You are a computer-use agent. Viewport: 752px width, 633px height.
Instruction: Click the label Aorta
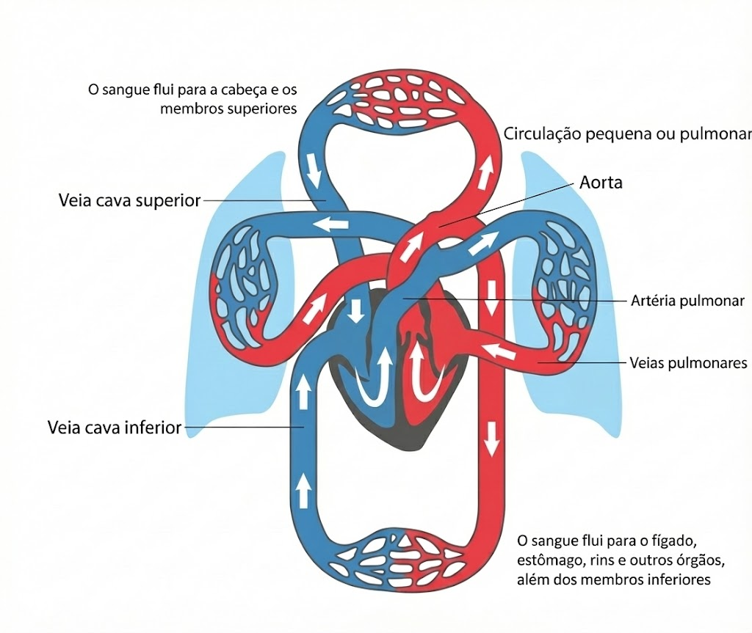point(601,183)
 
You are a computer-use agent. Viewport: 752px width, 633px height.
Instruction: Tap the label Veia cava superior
point(129,200)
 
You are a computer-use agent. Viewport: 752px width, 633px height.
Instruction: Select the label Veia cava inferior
point(115,428)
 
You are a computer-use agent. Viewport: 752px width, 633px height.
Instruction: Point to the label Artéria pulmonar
point(687,301)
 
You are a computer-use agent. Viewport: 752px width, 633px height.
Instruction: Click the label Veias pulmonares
point(688,363)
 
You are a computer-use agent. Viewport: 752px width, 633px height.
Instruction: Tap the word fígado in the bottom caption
point(674,541)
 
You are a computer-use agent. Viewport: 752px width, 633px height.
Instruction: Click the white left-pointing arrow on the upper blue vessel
point(331,223)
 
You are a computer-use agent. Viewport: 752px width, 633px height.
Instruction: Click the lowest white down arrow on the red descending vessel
point(491,439)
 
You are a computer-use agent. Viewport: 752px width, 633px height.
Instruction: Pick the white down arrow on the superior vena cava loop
point(314,172)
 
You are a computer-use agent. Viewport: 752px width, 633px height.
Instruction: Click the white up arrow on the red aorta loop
point(485,173)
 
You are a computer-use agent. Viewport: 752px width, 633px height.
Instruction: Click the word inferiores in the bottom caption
point(679,579)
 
